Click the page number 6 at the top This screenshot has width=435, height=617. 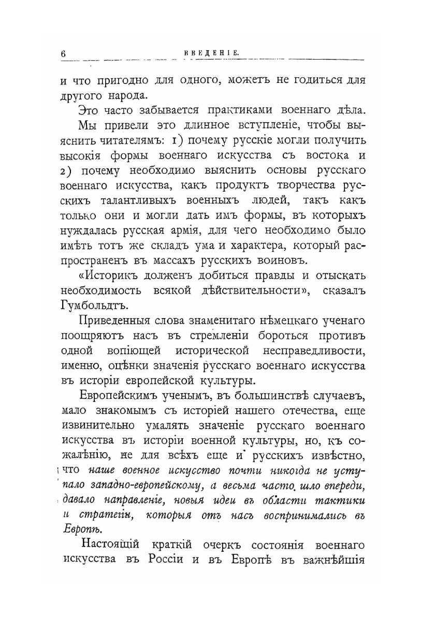(63, 52)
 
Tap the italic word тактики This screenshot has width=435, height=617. (340, 501)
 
